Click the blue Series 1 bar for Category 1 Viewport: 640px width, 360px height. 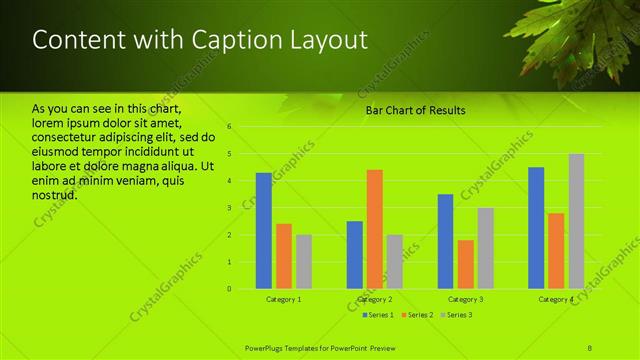click(263, 231)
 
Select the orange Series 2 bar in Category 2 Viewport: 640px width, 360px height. click(374, 229)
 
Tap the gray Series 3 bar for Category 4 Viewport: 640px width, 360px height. click(576, 221)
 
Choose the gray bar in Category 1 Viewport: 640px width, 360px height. click(303, 262)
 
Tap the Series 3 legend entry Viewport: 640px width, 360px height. click(456, 315)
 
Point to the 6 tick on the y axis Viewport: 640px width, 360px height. click(230, 127)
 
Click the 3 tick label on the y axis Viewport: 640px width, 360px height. click(230, 208)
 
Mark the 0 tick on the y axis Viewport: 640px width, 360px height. click(230, 289)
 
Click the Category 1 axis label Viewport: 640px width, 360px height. click(284, 300)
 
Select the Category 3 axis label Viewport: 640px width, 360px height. click(465, 300)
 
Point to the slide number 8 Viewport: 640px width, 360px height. click(591, 346)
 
